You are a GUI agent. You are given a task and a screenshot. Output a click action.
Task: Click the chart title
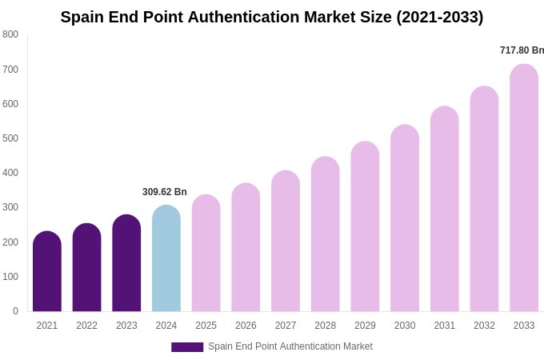coord(272,17)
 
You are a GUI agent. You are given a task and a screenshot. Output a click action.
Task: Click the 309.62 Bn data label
coord(165,192)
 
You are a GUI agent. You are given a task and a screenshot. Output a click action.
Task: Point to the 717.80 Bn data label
coord(522,50)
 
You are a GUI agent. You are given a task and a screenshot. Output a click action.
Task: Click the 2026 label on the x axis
coord(246,326)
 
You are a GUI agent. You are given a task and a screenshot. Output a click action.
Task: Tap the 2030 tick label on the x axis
coord(405,326)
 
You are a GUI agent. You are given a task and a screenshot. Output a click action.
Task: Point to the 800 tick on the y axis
coord(10,34)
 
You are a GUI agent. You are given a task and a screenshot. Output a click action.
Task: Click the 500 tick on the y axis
coord(10,138)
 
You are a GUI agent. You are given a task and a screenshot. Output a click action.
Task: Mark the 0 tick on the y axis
coord(15,311)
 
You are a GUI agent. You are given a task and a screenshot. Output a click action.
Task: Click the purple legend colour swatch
coord(187,347)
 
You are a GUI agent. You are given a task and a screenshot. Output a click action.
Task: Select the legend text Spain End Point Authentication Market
coord(290,346)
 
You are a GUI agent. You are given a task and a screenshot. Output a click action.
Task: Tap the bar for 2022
coord(87,268)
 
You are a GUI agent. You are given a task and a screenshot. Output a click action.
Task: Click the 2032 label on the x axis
coord(484,326)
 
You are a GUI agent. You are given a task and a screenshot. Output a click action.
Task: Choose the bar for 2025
coord(206,254)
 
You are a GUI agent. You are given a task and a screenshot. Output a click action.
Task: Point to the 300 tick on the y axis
coord(10,207)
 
